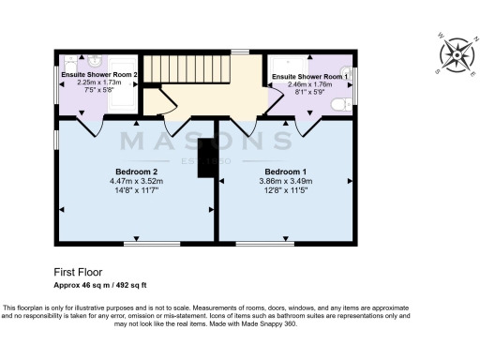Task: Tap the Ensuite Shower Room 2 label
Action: [x=99, y=74]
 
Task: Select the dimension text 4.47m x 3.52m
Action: [x=136, y=181]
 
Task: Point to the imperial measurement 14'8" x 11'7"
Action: [x=136, y=190]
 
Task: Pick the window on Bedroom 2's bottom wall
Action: [x=152, y=245]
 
